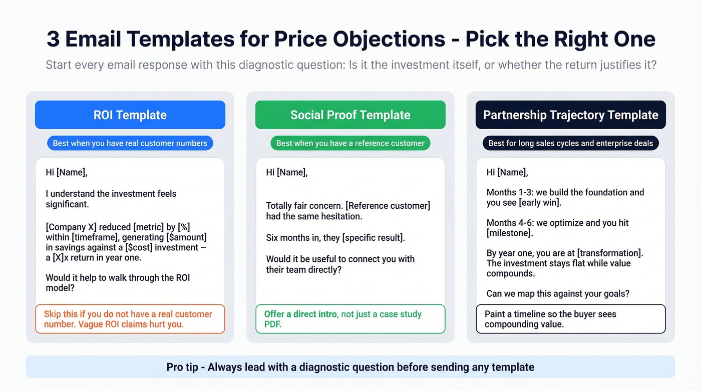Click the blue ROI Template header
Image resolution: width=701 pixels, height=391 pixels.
[130, 115]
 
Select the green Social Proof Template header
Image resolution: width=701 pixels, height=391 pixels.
[350, 115]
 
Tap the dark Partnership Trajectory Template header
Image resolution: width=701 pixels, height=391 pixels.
[571, 115]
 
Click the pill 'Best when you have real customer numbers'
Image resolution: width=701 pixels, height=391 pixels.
[130, 143]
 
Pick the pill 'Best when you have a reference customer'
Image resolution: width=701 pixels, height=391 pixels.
[350, 143]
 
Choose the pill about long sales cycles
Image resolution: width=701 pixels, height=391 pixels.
[571, 143]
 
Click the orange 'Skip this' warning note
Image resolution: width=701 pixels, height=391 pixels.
[130, 319]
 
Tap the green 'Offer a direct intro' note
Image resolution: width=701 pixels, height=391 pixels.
[350, 319]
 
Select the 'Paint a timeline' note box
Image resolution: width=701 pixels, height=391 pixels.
[571, 319]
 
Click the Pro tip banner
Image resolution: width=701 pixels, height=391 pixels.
[350, 367]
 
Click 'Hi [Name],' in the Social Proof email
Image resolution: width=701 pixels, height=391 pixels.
[287, 172]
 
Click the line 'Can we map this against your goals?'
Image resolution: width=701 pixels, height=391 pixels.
[558, 293]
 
